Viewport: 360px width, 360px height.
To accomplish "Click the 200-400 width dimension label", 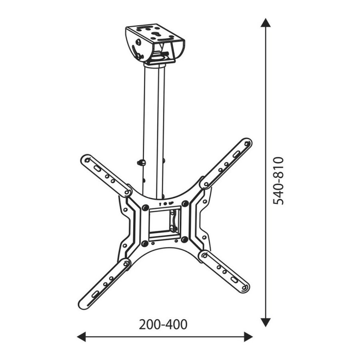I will tap(163, 324).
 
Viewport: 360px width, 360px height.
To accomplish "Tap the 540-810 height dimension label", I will tap(278, 180).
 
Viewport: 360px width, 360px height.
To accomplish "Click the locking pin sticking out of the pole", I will tap(141, 163).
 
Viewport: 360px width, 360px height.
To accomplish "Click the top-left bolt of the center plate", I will tap(145, 208).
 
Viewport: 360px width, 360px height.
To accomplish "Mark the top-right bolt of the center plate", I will tap(185, 204).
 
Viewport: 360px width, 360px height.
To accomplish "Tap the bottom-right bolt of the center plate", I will tap(184, 240).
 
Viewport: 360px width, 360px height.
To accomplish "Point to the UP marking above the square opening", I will tap(170, 204).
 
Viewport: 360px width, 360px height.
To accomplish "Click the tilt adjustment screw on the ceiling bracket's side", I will tap(139, 41).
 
